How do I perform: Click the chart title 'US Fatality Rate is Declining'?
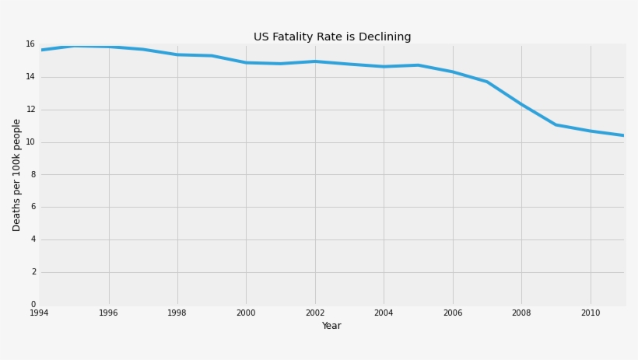[332, 37]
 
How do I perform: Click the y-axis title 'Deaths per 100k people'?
[17, 175]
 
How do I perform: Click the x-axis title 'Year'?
[331, 326]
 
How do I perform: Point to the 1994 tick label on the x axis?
[39, 313]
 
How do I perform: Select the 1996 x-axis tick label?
[108, 313]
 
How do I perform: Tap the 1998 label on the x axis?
[177, 313]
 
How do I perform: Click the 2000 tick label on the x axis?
[246, 313]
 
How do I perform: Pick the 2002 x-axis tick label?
[314, 313]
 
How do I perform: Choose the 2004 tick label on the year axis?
[384, 313]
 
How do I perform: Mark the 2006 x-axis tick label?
[453, 313]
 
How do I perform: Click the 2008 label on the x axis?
[521, 313]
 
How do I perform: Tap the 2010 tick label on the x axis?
[591, 313]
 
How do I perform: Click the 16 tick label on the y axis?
[30, 44]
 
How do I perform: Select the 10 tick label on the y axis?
[30, 142]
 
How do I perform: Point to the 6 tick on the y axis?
[32, 207]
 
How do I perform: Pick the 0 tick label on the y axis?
[32, 305]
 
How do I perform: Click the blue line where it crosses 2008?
[521, 104]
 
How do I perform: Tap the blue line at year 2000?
[246, 63]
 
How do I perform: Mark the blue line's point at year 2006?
[453, 72]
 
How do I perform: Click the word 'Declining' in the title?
[384, 37]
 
